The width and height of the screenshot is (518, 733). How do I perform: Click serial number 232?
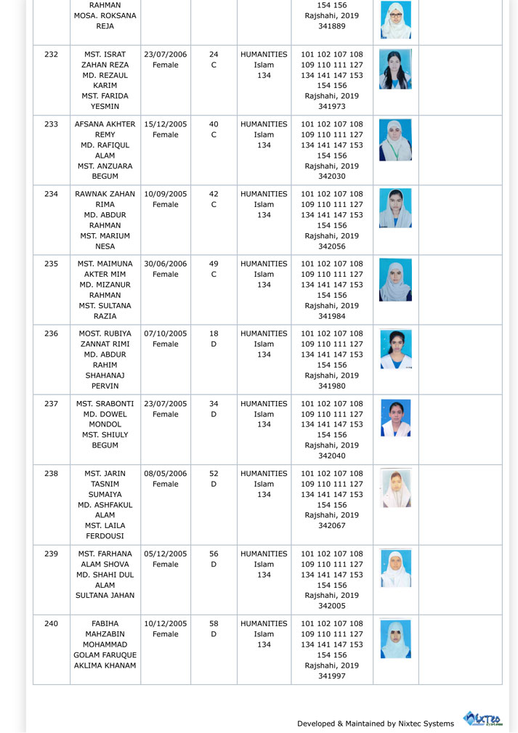coord(51,54)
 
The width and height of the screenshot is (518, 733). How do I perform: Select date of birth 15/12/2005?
coord(166,124)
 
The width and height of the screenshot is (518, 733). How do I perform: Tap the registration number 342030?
coord(332,177)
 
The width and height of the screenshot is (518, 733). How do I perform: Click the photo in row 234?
coord(396,208)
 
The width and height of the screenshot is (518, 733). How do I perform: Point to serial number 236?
coord(51,334)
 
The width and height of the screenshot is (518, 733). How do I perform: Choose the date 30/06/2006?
coord(166,264)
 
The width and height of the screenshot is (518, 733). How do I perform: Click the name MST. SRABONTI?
coord(105,404)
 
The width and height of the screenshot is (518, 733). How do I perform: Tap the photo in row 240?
coord(396,639)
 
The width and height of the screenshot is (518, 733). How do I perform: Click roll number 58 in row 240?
coord(214,624)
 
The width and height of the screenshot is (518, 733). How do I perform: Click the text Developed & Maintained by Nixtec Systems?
coord(375,724)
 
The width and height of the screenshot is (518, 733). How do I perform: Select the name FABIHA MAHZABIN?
coord(105,629)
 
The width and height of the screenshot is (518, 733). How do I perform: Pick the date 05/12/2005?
coord(166,554)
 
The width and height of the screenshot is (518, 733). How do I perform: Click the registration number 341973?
coord(332,107)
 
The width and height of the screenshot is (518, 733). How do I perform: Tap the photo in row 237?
coord(396,418)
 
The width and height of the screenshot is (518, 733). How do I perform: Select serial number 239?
coord(51,554)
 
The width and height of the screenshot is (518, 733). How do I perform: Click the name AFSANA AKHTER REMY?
coord(105,129)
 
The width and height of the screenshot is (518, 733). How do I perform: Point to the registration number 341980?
coord(332,386)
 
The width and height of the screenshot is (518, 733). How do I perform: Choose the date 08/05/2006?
coord(166,474)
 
